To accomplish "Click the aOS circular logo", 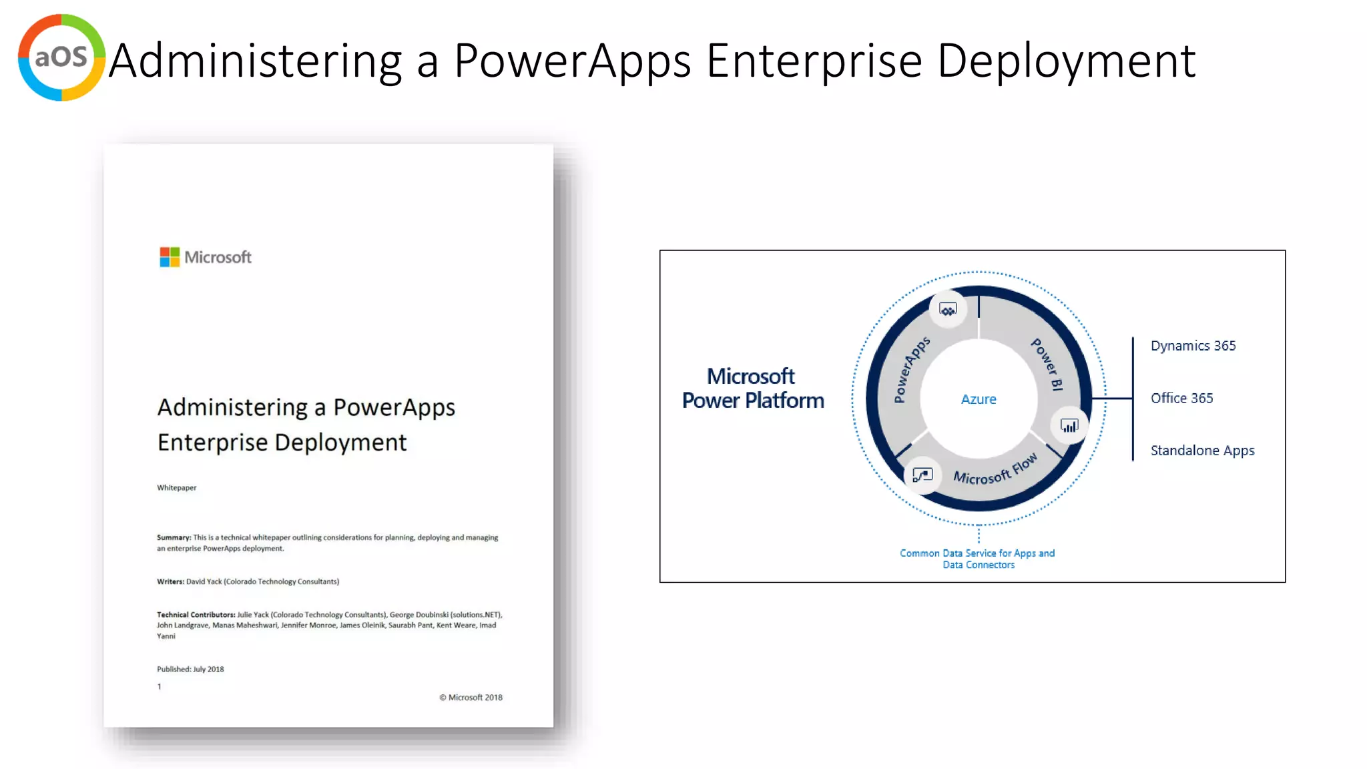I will (61, 58).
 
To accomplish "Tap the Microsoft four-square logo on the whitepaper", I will (170, 257).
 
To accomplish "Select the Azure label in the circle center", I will (979, 399).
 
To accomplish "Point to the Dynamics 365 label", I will (1193, 346).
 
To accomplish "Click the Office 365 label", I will (1181, 398).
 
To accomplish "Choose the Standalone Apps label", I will (1202, 451).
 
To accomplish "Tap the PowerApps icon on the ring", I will (948, 310).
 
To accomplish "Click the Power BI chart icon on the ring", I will (1069, 426).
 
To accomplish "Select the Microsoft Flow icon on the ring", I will (922, 475).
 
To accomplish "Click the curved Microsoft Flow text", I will (995, 470).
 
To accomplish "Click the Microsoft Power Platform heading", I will (752, 389).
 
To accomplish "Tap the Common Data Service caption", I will (977, 559).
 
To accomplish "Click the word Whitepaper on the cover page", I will (177, 488).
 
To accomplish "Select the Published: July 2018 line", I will (190, 669).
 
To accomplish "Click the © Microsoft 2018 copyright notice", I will (471, 698).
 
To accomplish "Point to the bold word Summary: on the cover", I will (174, 537).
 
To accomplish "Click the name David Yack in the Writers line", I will (204, 581).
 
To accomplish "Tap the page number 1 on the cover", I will (160, 686).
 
